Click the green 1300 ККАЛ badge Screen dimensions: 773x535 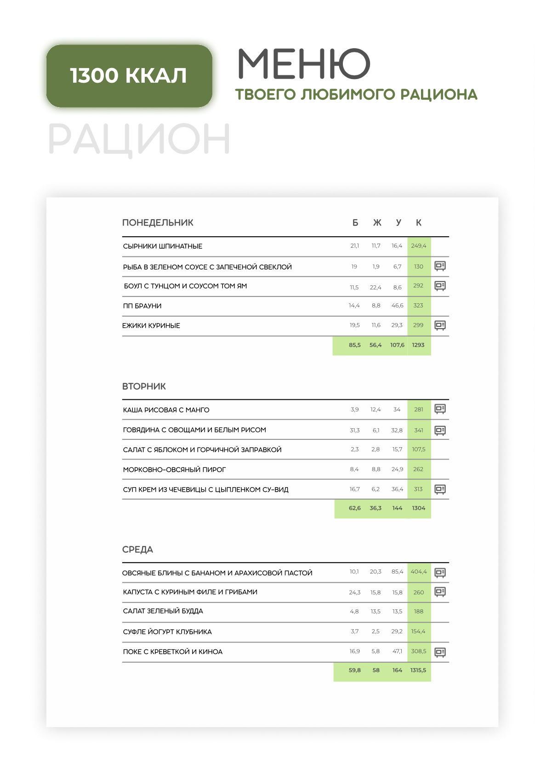pyautogui.click(x=129, y=76)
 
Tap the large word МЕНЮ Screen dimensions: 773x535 pyautogui.click(x=304, y=64)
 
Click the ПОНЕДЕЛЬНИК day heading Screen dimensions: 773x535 pyautogui.click(x=158, y=223)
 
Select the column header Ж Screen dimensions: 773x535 pyautogui.click(x=377, y=223)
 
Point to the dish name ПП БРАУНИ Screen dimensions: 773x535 pyautogui.click(x=142, y=306)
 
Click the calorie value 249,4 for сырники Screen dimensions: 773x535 pyautogui.click(x=418, y=246)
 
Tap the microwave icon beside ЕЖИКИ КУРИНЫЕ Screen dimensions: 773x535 pyautogui.click(x=440, y=325)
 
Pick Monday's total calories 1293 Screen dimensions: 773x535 pyautogui.click(x=418, y=345)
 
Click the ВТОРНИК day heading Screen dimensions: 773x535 pyautogui.click(x=144, y=386)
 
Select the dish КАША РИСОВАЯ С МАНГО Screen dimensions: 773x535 pyautogui.click(x=166, y=410)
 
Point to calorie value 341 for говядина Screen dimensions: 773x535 pyautogui.click(x=418, y=430)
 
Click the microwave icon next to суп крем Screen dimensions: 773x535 pyautogui.click(x=440, y=489)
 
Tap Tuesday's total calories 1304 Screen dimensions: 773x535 pyautogui.click(x=418, y=508)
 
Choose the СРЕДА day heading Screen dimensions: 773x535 pyautogui.click(x=137, y=550)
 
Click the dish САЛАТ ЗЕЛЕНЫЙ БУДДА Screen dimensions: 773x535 pyautogui.click(x=163, y=611)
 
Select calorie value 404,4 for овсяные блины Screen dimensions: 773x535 pyautogui.click(x=418, y=572)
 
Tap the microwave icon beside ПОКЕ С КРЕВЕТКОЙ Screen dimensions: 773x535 pyautogui.click(x=440, y=652)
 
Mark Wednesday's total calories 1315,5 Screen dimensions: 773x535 pyautogui.click(x=418, y=671)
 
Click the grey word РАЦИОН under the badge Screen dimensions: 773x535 pyautogui.click(x=139, y=139)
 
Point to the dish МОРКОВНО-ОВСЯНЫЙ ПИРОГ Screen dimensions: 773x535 pyautogui.click(x=174, y=470)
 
